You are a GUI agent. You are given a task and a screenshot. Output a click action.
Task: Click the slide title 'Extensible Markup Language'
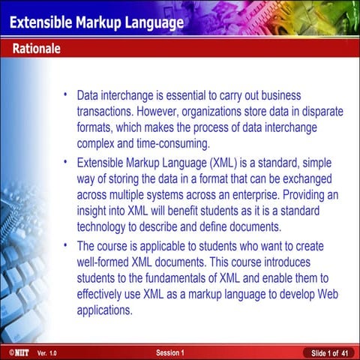click(96, 23)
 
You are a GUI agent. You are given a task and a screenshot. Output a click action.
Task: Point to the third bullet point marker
click(66, 244)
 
